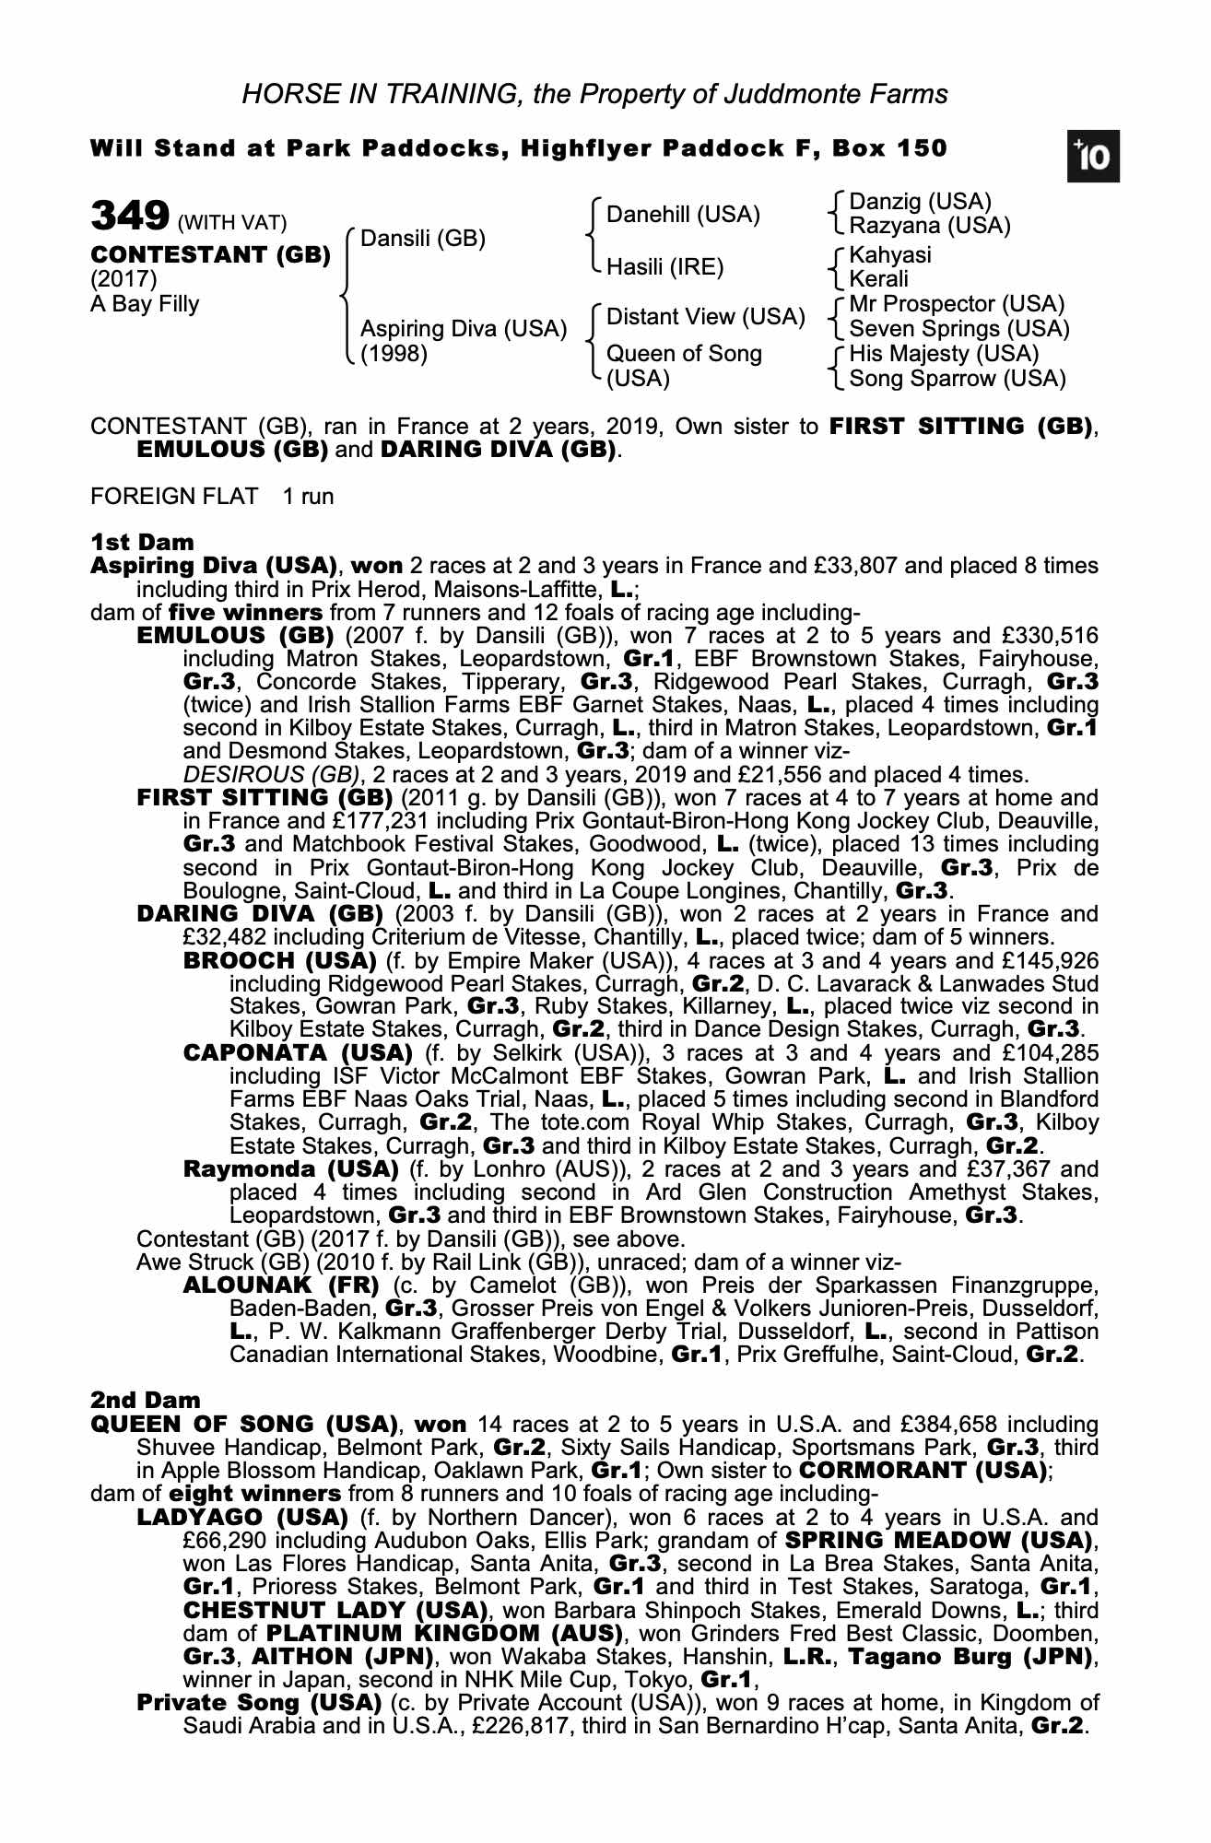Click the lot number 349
point(129,217)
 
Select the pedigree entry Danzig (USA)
point(920,202)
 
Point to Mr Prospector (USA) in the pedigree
point(957,304)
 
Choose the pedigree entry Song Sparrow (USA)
point(957,379)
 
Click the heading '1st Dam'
point(142,542)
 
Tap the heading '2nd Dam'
point(145,1402)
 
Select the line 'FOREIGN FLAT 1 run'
point(212,497)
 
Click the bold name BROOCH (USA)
point(279,961)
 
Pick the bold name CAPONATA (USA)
point(298,1053)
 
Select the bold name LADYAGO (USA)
point(242,1518)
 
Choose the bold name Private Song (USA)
point(258,1703)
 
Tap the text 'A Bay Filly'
point(145,304)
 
